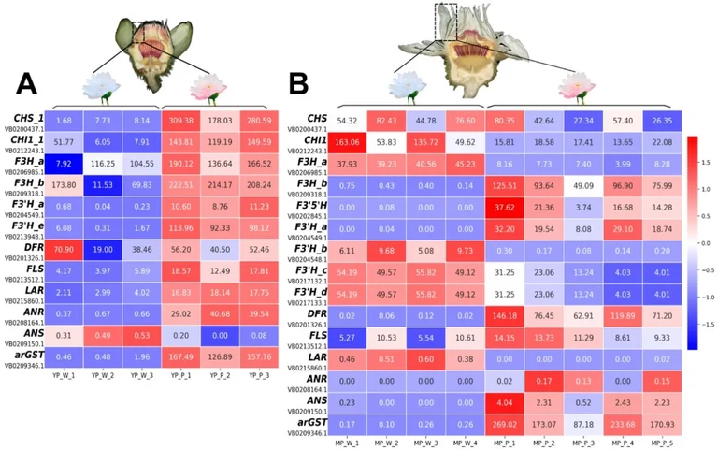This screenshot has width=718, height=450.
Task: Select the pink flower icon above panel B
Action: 572,87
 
